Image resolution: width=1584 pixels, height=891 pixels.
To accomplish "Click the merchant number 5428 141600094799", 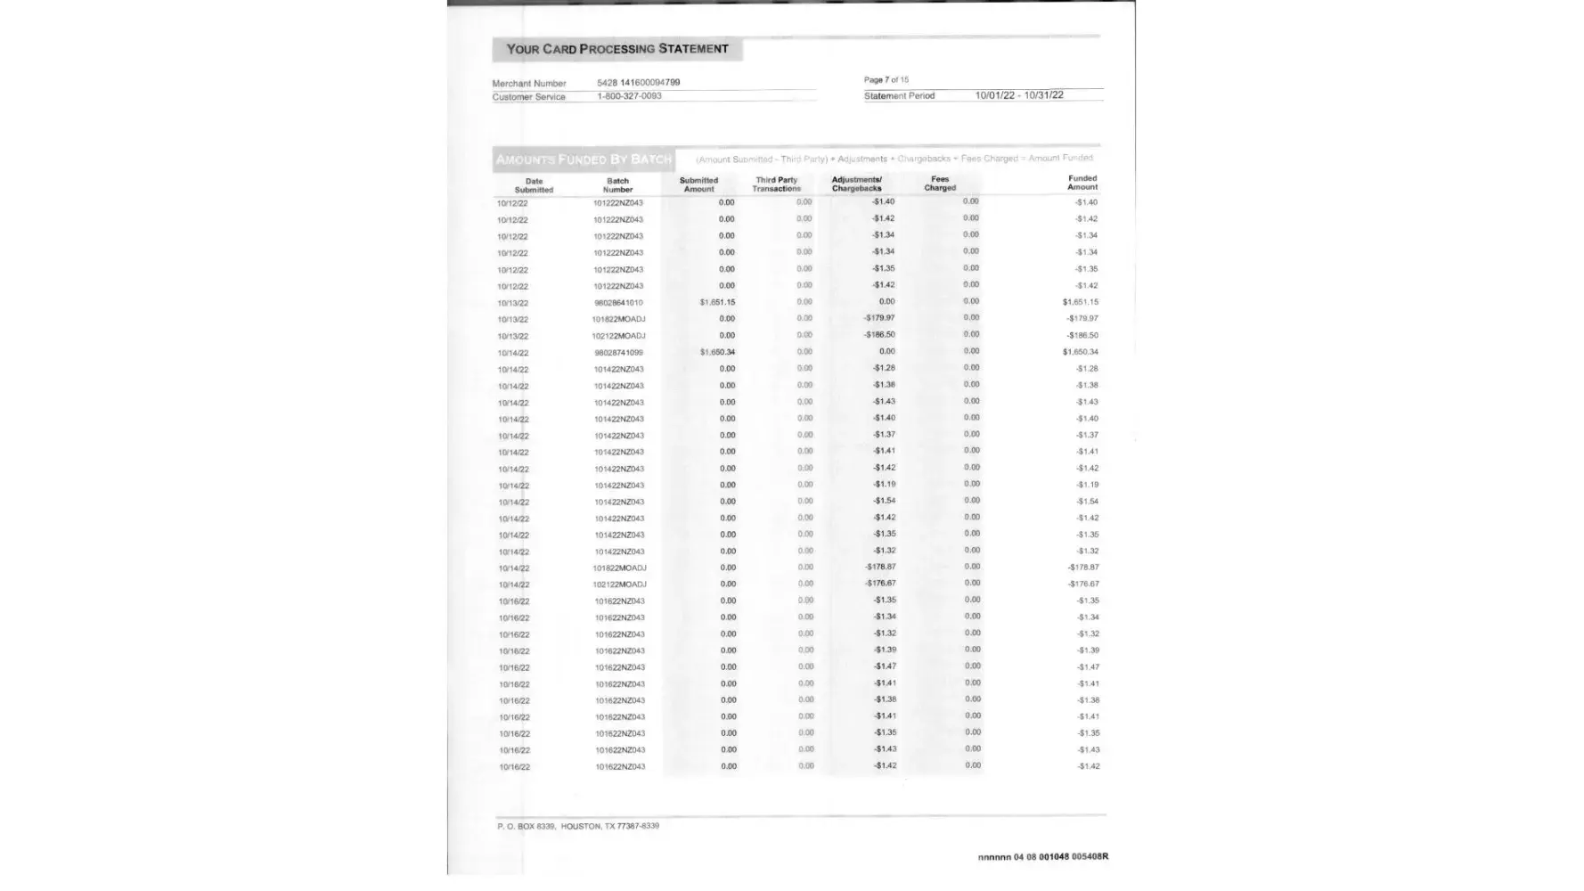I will pos(638,83).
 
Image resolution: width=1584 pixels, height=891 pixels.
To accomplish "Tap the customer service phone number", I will pos(629,96).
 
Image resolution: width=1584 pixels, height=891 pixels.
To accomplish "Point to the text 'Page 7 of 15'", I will pos(886,80).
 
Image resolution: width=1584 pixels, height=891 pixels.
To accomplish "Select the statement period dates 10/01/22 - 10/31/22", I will pos(1018,95).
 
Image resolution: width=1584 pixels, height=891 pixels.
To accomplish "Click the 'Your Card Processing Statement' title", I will pos(616,49).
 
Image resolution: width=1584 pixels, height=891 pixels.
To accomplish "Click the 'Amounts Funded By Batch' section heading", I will pos(584,159).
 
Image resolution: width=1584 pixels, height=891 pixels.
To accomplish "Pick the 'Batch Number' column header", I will pos(617,184).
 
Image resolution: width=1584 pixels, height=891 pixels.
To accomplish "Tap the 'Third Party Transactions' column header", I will pos(776,184).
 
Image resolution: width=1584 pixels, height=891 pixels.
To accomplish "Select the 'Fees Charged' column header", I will pos(940,184).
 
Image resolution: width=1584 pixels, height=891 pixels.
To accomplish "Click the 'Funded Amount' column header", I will pos(1082,183).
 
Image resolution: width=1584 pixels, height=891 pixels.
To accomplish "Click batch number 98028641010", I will pos(617,303).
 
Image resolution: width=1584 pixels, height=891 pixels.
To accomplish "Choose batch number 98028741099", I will pos(617,353).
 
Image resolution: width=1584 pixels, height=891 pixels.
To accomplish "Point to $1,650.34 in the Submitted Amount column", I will pos(717,352).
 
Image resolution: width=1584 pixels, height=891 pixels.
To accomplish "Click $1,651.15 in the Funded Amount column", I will pos(1080,302).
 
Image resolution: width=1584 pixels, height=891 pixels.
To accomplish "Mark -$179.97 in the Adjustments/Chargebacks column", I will pos(879,318).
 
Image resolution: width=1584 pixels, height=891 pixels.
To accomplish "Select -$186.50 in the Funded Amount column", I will pos(1082,336).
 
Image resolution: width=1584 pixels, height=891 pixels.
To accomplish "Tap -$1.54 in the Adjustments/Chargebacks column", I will pos(884,501).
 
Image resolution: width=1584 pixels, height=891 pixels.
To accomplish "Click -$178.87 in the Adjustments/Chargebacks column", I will pos(880,567).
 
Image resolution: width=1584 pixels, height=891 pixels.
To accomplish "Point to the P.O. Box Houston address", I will pos(578,826).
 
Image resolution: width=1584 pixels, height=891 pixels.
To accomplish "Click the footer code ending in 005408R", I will pos(1042,857).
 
